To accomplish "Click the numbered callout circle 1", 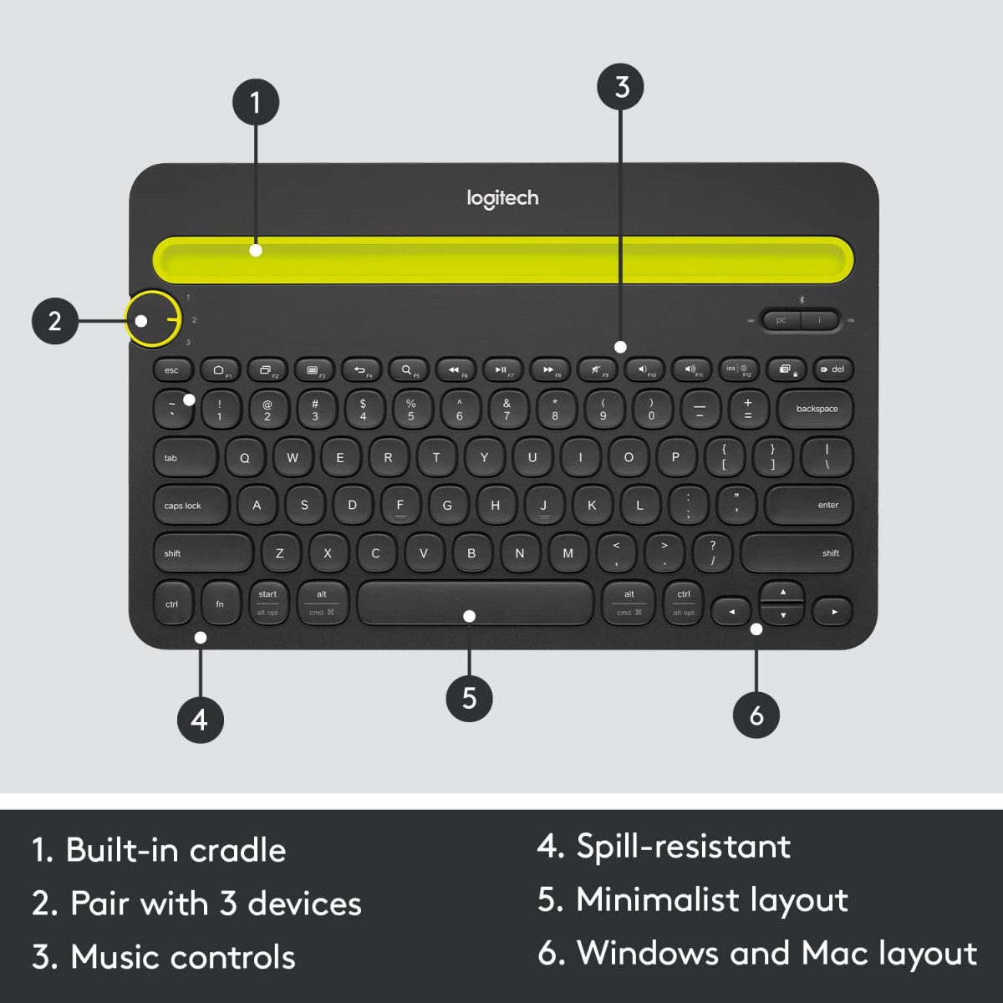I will (255, 102).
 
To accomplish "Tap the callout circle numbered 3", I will (620, 87).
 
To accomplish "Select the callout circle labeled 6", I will (756, 715).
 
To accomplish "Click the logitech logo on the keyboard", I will (502, 198).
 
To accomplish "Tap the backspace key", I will (815, 409).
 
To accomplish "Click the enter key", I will (808, 505).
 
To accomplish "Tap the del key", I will (832, 369).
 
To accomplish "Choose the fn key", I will (221, 603).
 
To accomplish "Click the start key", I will (267, 602).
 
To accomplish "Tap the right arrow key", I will (832, 612).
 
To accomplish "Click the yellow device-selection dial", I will (153, 319).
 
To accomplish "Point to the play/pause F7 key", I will (501, 369).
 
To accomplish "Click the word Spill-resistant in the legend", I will (683, 847).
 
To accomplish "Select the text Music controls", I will (183, 957).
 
